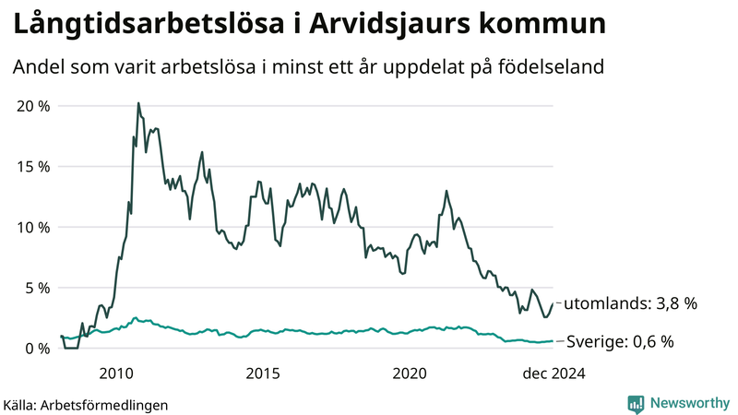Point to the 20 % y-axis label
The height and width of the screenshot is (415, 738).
point(33,106)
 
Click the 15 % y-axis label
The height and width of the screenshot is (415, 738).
point(33,167)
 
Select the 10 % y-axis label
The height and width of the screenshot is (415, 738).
point(33,227)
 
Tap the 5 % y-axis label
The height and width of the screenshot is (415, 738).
point(38,288)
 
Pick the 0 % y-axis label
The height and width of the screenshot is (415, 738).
point(38,348)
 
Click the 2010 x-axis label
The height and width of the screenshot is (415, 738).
point(117,373)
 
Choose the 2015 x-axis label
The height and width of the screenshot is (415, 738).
point(263,373)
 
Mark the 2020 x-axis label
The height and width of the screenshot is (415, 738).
point(409,373)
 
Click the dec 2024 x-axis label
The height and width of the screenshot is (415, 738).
point(553,373)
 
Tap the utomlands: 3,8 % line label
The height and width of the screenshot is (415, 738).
point(630,303)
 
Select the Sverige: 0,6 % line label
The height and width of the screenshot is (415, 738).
point(619,342)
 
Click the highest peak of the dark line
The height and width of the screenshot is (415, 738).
point(138,103)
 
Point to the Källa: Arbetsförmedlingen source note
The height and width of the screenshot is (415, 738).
point(86,405)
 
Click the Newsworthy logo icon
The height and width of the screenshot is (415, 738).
point(636,403)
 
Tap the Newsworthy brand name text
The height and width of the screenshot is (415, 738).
point(688,403)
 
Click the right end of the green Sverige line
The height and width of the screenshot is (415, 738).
point(553,341)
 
